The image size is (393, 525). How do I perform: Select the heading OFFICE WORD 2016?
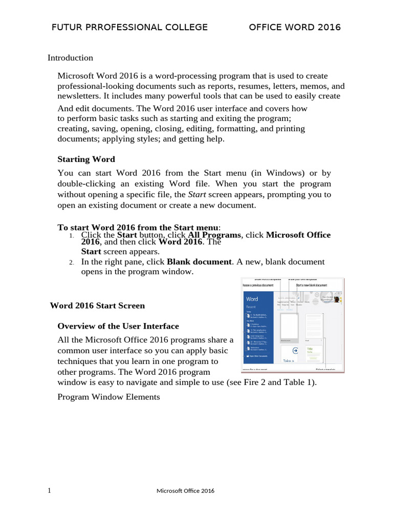click(295, 28)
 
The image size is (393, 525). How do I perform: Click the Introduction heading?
click(70, 58)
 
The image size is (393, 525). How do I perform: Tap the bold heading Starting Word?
click(86, 159)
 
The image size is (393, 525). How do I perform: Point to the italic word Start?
click(197, 194)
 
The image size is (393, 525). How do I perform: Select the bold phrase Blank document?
click(200, 261)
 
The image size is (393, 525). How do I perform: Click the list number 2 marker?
click(72, 262)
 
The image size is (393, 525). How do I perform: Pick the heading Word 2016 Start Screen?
click(97, 306)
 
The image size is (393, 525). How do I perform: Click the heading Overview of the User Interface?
click(118, 326)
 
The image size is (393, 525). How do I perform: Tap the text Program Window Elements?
click(108, 397)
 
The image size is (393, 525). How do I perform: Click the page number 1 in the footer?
click(49, 491)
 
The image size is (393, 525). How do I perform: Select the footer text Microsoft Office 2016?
click(185, 491)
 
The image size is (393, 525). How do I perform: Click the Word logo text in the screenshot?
click(252, 299)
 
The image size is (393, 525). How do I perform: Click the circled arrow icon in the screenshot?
click(295, 351)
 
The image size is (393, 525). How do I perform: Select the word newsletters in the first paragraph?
click(77, 96)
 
